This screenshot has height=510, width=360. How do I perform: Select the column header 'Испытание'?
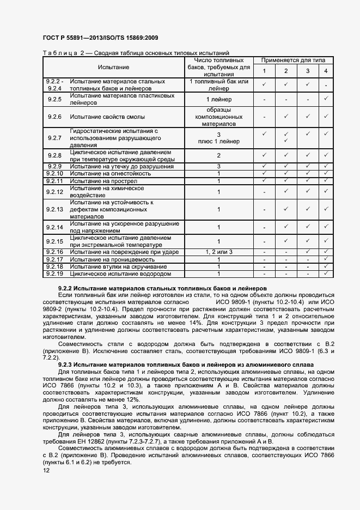[114, 67]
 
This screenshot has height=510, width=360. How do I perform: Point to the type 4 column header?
[326, 72]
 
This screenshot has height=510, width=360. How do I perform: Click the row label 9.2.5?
[54, 99]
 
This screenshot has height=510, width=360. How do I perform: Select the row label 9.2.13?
[54, 209]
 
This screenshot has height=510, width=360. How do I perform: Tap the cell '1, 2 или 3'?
[219, 252]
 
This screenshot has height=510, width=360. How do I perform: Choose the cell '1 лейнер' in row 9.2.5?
[219, 99]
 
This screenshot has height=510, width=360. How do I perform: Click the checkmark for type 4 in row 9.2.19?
[326, 274]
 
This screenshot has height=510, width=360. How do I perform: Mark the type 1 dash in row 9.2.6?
[264, 117]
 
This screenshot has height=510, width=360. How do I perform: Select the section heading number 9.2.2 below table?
[65, 287]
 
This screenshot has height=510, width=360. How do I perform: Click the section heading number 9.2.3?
[65, 364]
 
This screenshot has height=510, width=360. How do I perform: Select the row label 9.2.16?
[54, 252]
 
